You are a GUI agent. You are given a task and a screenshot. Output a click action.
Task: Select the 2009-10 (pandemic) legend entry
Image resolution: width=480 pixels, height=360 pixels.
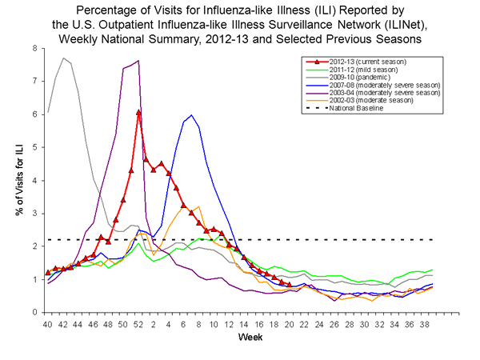(361, 78)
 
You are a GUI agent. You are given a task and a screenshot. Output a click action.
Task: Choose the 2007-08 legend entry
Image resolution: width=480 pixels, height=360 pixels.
(381, 85)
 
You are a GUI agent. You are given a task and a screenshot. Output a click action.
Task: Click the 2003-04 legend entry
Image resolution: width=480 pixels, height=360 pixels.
(381, 93)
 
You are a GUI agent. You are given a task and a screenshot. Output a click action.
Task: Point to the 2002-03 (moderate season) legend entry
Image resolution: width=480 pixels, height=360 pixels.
(371, 100)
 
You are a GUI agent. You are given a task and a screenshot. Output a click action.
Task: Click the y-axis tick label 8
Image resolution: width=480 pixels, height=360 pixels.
(34, 48)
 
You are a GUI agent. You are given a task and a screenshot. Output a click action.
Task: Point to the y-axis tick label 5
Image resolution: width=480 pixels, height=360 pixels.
(34, 147)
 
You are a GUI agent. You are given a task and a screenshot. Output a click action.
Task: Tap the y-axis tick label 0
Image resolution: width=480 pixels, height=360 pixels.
(34, 312)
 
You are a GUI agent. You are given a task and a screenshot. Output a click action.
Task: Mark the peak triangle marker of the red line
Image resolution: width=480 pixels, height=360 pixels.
(138, 112)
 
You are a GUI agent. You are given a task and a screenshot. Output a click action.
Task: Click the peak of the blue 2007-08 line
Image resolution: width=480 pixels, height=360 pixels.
(191, 116)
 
